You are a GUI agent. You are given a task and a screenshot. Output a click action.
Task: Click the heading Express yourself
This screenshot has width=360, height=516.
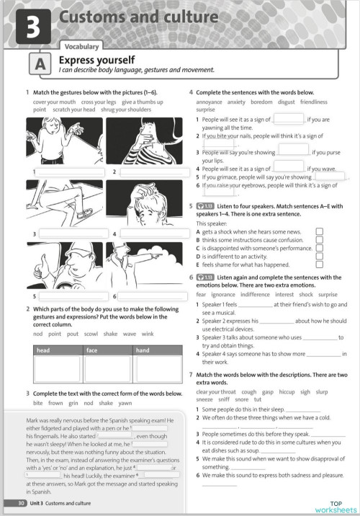(x=96, y=60)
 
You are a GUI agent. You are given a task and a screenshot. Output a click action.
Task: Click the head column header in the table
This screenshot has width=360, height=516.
(x=44, y=350)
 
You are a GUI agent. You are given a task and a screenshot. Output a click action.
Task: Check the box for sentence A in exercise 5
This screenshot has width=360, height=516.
(x=319, y=232)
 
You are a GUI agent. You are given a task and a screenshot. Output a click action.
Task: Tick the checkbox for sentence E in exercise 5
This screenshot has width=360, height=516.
(x=319, y=264)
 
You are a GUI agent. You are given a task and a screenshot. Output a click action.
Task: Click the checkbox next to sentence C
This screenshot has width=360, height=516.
(x=319, y=248)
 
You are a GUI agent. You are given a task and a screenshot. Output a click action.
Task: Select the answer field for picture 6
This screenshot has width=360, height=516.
(x=150, y=296)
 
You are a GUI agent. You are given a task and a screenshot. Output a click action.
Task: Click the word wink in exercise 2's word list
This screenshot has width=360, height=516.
(x=148, y=334)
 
